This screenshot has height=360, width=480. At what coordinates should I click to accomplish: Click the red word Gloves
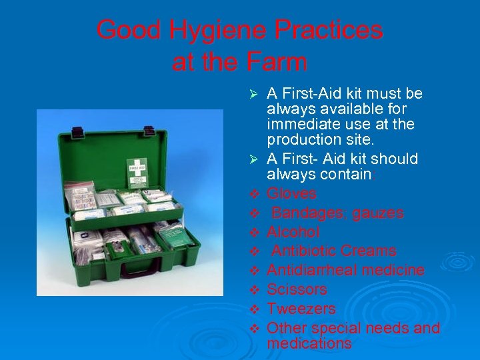(291, 194)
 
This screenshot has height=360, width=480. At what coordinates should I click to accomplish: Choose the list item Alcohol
(293, 232)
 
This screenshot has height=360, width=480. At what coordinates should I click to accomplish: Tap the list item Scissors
(297, 289)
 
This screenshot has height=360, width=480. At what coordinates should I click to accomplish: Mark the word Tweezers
(301, 309)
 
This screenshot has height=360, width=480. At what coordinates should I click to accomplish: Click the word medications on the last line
(309, 344)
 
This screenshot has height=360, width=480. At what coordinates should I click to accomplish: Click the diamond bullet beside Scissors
(253, 290)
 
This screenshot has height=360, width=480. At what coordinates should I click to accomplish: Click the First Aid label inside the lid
(138, 172)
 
